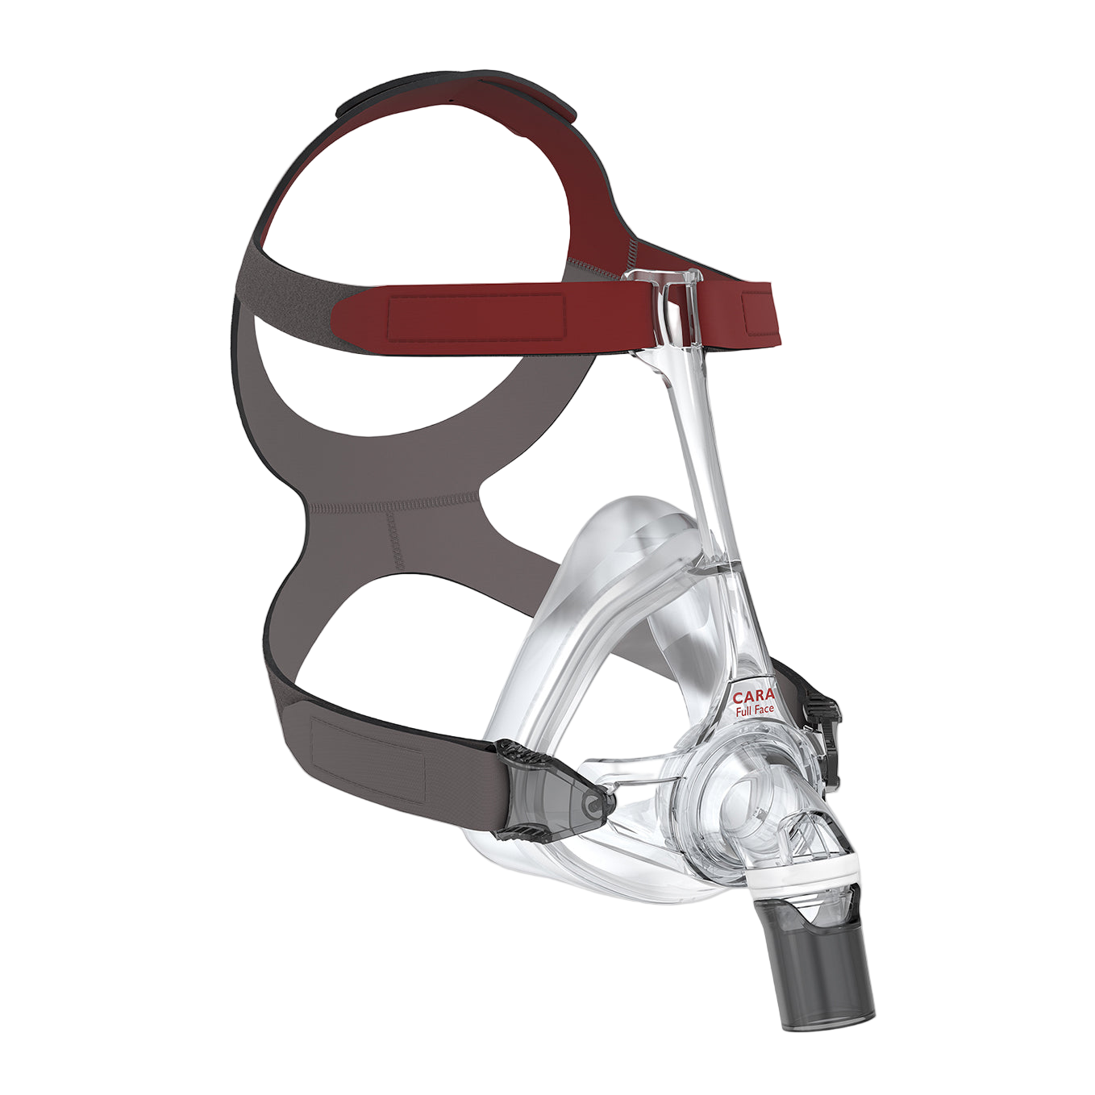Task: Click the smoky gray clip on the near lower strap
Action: (552, 790)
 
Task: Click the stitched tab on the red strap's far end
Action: (761, 314)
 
